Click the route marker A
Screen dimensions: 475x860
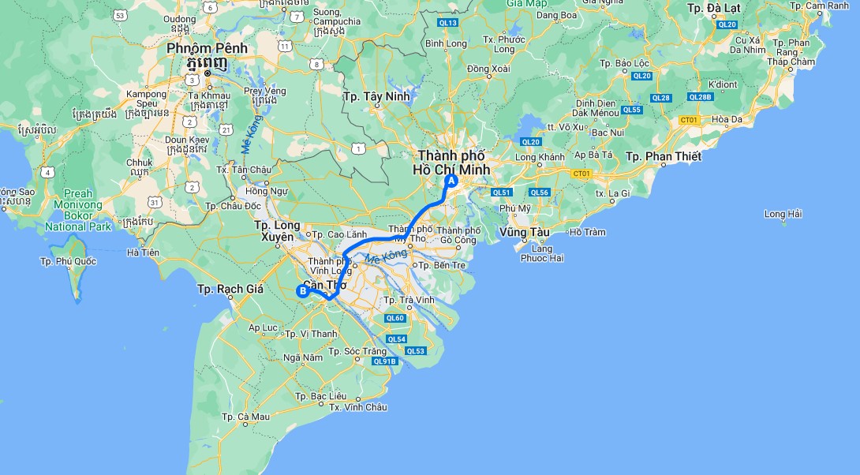click(x=451, y=181)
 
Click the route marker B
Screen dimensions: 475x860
click(x=301, y=290)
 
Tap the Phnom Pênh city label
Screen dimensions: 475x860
click(x=207, y=49)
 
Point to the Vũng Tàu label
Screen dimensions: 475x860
click(x=524, y=232)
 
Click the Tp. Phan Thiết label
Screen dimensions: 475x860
click(x=663, y=156)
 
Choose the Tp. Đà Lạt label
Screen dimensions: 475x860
click(x=714, y=8)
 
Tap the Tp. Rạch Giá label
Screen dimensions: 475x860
click(x=230, y=289)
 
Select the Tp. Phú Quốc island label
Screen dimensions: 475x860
click(x=69, y=260)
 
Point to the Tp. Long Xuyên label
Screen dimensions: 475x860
click(x=277, y=230)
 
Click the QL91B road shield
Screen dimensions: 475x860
click(x=384, y=361)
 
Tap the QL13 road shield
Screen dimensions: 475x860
click(x=448, y=23)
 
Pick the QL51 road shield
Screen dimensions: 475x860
click(x=502, y=193)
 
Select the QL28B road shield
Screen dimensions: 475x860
click(x=700, y=97)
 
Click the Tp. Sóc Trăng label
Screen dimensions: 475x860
click(x=357, y=351)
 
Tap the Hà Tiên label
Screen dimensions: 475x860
click(x=143, y=252)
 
